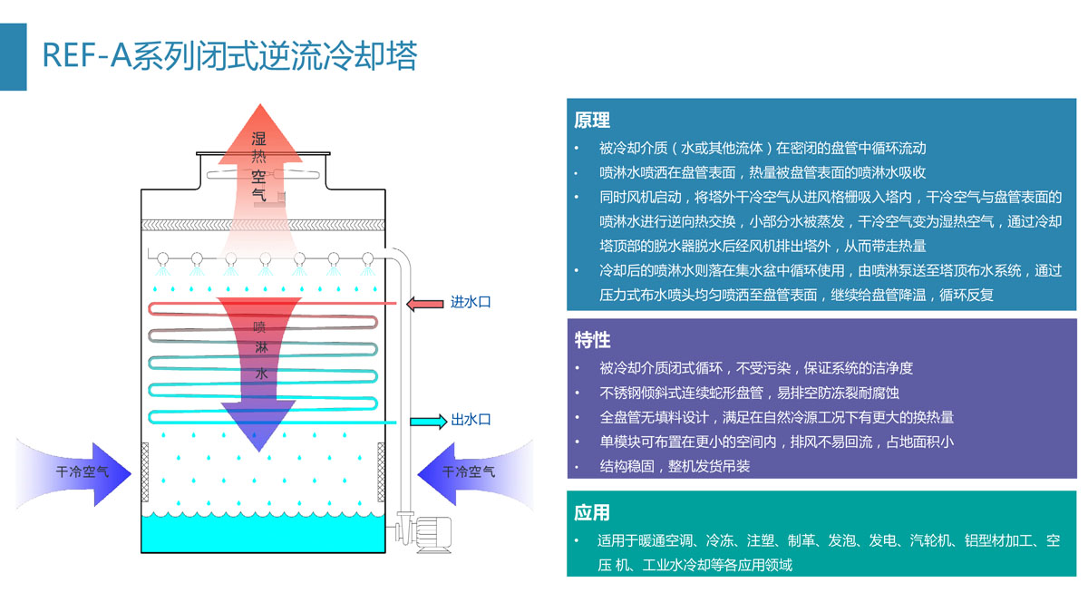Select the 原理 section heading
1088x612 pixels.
(592, 121)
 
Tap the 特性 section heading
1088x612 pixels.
(592, 341)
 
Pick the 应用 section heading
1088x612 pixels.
(592, 513)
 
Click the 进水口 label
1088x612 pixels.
(471, 302)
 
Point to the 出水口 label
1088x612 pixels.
(471, 420)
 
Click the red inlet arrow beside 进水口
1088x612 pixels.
(423, 303)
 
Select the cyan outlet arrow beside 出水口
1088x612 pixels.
(426, 421)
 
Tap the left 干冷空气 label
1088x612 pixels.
(83, 472)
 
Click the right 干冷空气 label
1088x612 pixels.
(468, 472)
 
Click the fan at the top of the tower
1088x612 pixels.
(263, 174)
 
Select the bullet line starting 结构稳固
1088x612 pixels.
(675, 467)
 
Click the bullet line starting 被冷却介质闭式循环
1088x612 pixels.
(755, 368)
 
